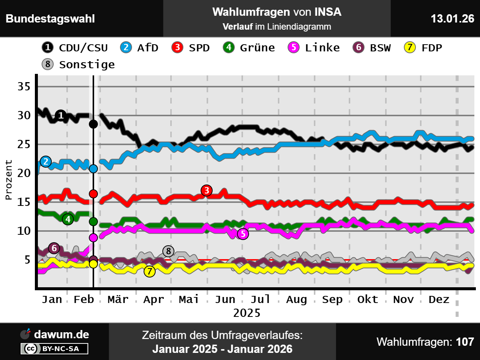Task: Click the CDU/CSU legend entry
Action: coord(75,48)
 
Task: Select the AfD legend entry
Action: coord(139,48)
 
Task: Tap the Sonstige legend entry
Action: coord(79,64)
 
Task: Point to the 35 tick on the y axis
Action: coord(24,87)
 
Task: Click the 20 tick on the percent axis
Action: coord(24,173)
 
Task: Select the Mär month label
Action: coord(118,300)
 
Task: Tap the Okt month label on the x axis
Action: coord(367,300)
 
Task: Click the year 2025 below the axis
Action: coord(246,313)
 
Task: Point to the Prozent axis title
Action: coord(9,180)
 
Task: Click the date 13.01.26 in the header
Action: coord(452,19)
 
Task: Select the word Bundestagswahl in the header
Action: coord(50,19)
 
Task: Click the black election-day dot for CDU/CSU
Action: coord(93,124)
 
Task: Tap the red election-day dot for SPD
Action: coord(93,194)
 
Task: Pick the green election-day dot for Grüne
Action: coord(93,222)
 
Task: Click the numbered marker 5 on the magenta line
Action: coord(243,234)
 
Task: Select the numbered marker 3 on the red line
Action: coord(207,190)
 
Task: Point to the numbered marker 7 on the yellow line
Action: coord(150,271)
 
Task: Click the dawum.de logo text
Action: coord(61,334)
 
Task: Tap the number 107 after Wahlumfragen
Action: coord(465,342)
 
